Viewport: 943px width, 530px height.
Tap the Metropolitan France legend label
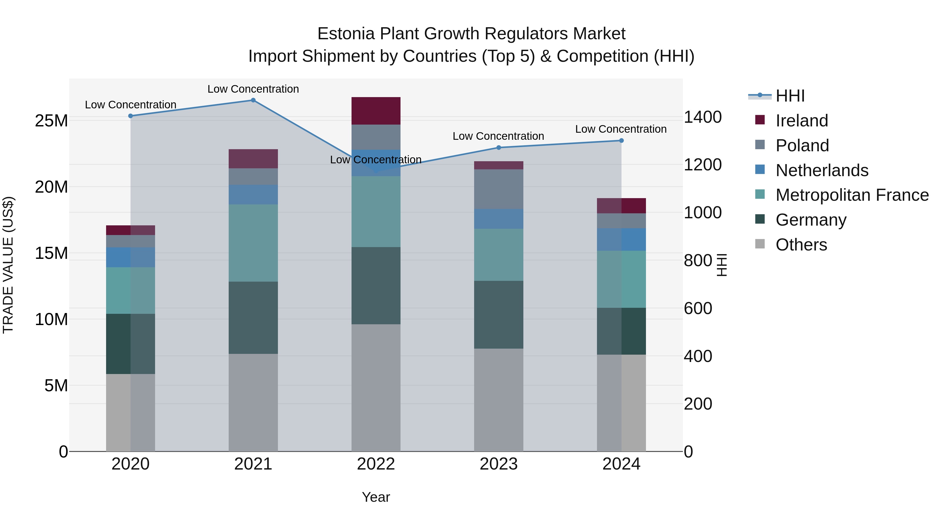tap(852, 195)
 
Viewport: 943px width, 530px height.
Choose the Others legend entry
tap(801, 245)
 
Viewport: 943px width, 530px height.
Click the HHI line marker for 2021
tap(253, 100)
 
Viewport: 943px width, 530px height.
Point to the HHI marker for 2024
tap(621, 141)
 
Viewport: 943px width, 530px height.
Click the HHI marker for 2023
tap(498, 147)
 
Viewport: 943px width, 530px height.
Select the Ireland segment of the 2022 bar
tap(376, 111)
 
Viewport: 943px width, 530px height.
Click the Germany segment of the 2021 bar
tap(253, 317)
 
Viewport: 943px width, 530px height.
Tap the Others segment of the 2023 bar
tap(498, 400)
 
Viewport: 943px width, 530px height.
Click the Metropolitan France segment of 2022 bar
tap(376, 211)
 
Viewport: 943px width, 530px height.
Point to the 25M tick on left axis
tap(51, 121)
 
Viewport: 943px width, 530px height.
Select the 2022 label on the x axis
tap(376, 464)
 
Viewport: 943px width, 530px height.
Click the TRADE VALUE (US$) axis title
tap(8, 265)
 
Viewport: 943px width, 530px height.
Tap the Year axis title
tap(376, 497)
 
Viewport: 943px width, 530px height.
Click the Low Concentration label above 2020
tap(131, 105)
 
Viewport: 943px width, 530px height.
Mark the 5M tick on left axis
tap(56, 386)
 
